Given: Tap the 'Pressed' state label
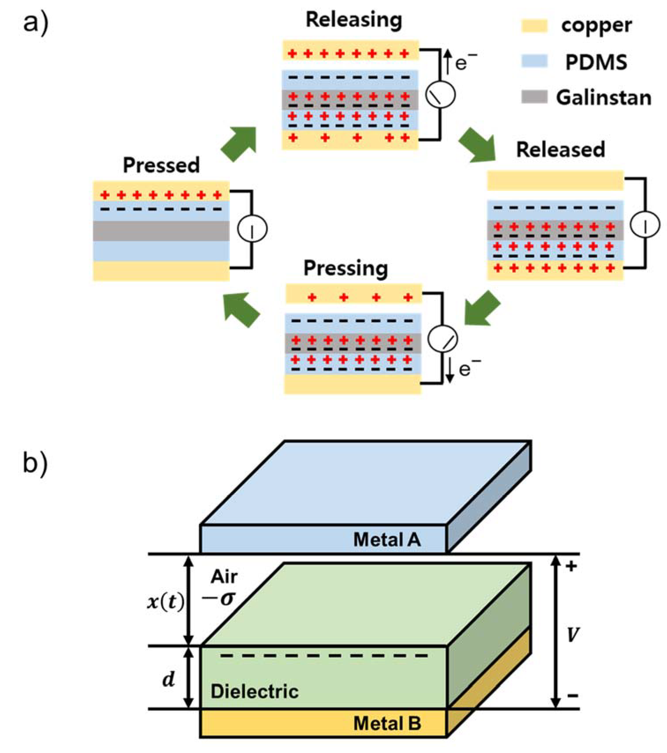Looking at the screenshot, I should pos(161,165).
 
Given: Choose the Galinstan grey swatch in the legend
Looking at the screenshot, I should pos(534,97).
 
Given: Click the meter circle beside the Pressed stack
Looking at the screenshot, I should pos(252,229).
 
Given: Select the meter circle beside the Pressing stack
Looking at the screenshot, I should pos(442,338).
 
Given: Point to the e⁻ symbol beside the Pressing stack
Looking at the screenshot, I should pos(469,369).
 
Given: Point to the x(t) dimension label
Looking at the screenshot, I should pos(165,603).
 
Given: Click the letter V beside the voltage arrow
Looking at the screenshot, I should pos(572,635).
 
